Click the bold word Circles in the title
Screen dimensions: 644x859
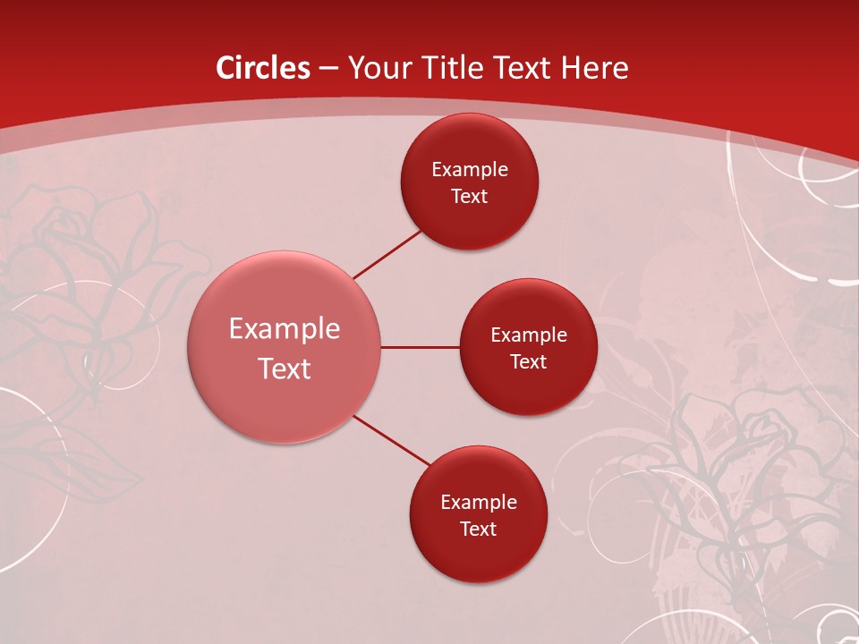263,68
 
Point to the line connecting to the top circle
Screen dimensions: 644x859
387,254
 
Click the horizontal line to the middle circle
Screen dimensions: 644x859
421,347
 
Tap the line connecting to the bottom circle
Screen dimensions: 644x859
392,439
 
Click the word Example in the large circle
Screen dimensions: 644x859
285,328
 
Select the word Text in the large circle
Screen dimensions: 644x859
285,368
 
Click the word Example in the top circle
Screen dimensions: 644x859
469,169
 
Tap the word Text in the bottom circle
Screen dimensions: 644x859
478,529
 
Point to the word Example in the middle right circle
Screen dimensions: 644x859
528,335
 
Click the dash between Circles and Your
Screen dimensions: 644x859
328,69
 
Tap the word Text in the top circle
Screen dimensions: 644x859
469,196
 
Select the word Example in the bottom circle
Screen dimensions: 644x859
478,502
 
